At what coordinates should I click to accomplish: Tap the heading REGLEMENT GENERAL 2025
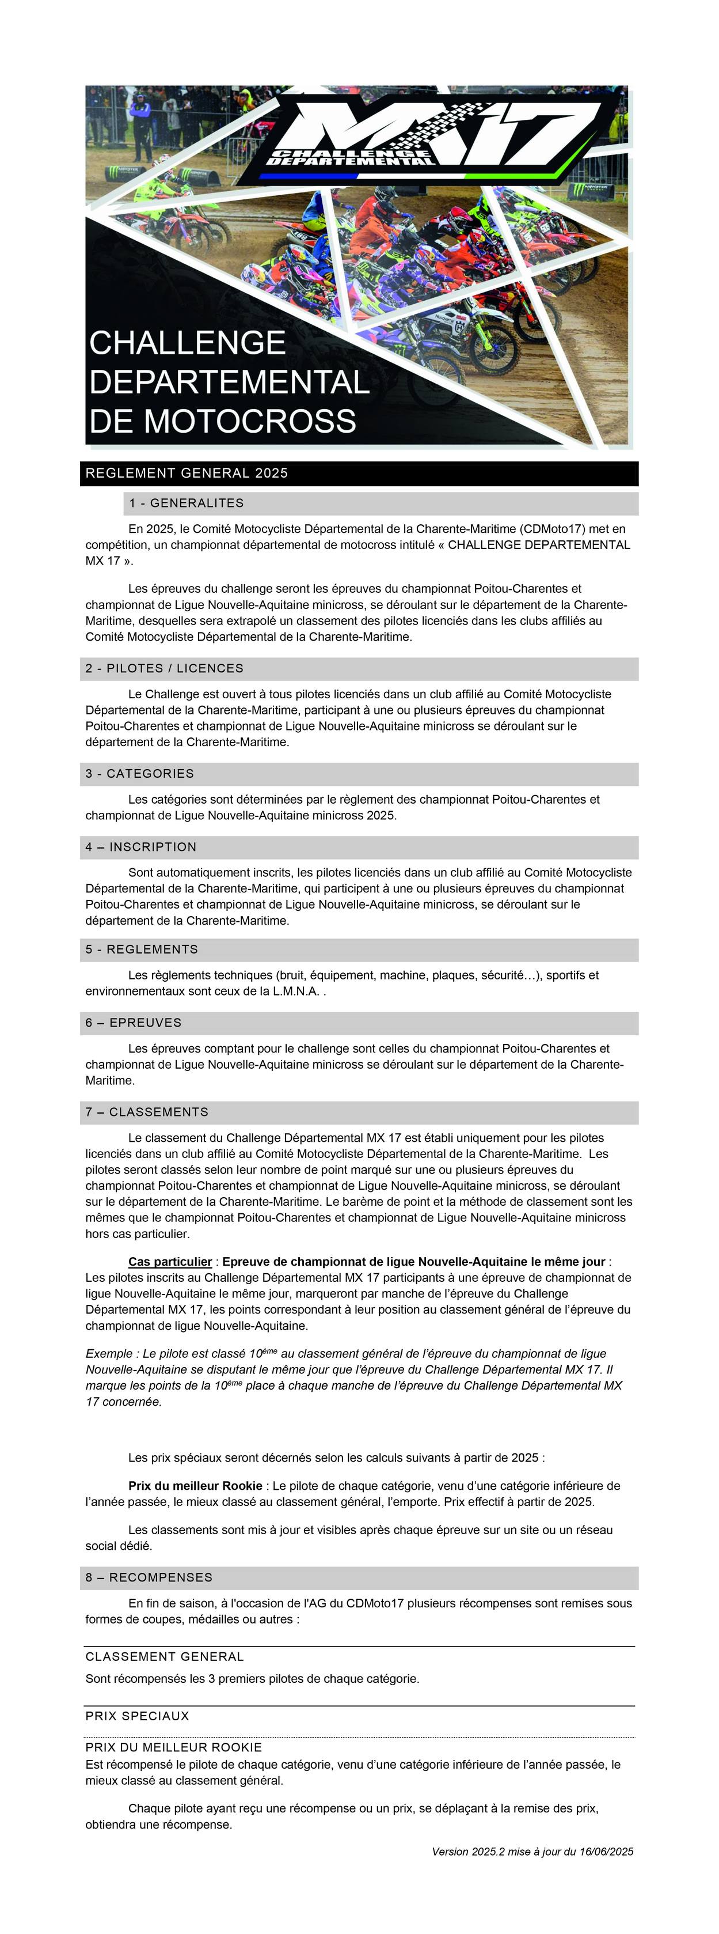(187, 473)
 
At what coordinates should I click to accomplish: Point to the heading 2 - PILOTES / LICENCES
(165, 668)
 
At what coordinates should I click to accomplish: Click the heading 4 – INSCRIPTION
(141, 847)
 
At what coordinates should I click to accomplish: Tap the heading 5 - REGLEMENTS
(142, 949)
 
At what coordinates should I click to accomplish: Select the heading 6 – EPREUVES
(134, 1023)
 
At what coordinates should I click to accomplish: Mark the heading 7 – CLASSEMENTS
(147, 1112)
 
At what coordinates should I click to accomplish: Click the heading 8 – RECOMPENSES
(149, 1577)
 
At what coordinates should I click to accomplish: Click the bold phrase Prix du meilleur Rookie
(195, 1485)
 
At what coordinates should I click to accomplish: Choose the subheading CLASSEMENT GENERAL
(165, 1656)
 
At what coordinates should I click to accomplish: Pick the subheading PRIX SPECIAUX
(138, 1716)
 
